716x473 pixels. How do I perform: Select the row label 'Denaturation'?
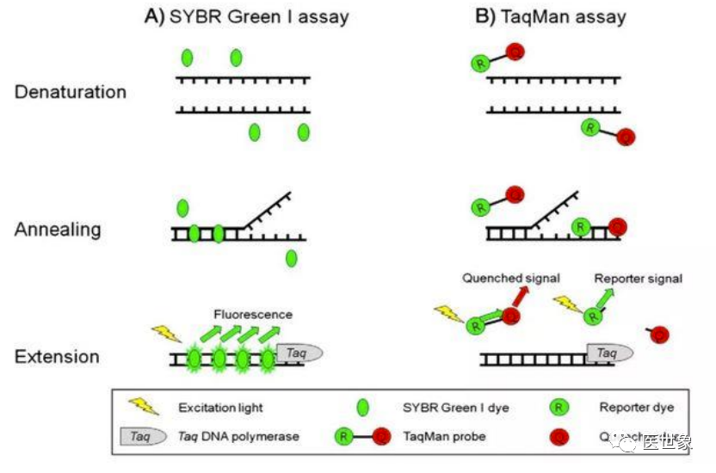click(71, 92)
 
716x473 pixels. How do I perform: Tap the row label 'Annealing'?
click(58, 230)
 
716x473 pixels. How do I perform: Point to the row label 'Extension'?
click(57, 356)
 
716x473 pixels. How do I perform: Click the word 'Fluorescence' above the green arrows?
click(253, 315)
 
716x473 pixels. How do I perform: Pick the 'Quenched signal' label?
click(511, 278)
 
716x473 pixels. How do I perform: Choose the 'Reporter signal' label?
click(638, 278)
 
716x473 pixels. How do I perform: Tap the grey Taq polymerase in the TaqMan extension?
click(610, 352)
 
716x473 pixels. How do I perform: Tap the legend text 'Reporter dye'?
click(637, 408)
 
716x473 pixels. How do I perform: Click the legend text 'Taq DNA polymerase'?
click(238, 436)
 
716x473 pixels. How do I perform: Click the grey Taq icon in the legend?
click(142, 436)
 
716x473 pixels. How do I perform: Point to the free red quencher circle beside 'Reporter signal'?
click(657, 334)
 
